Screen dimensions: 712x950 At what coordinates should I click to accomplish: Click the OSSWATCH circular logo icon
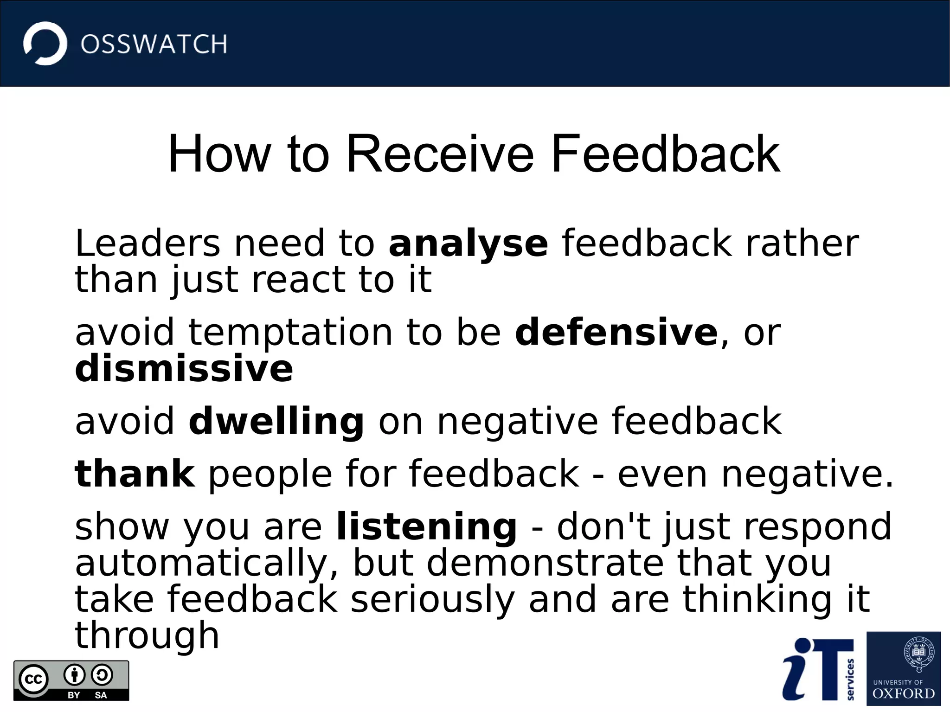[x=45, y=44]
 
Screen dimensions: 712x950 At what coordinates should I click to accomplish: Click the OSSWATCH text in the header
[x=154, y=45]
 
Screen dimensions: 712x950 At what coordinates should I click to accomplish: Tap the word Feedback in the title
[x=665, y=154]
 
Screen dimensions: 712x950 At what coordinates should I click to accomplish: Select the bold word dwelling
[x=276, y=421]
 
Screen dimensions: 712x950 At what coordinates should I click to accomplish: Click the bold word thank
[x=135, y=474]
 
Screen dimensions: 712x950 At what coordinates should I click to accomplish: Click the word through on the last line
[x=147, y=635]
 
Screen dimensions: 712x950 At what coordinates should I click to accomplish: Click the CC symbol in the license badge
[x=33, y=680]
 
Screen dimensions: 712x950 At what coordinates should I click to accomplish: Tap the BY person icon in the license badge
[x=74, y=675]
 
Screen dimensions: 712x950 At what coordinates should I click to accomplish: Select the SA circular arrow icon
[x=102, y=675]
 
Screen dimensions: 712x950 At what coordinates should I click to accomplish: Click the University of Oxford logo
[x=903, y=668]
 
